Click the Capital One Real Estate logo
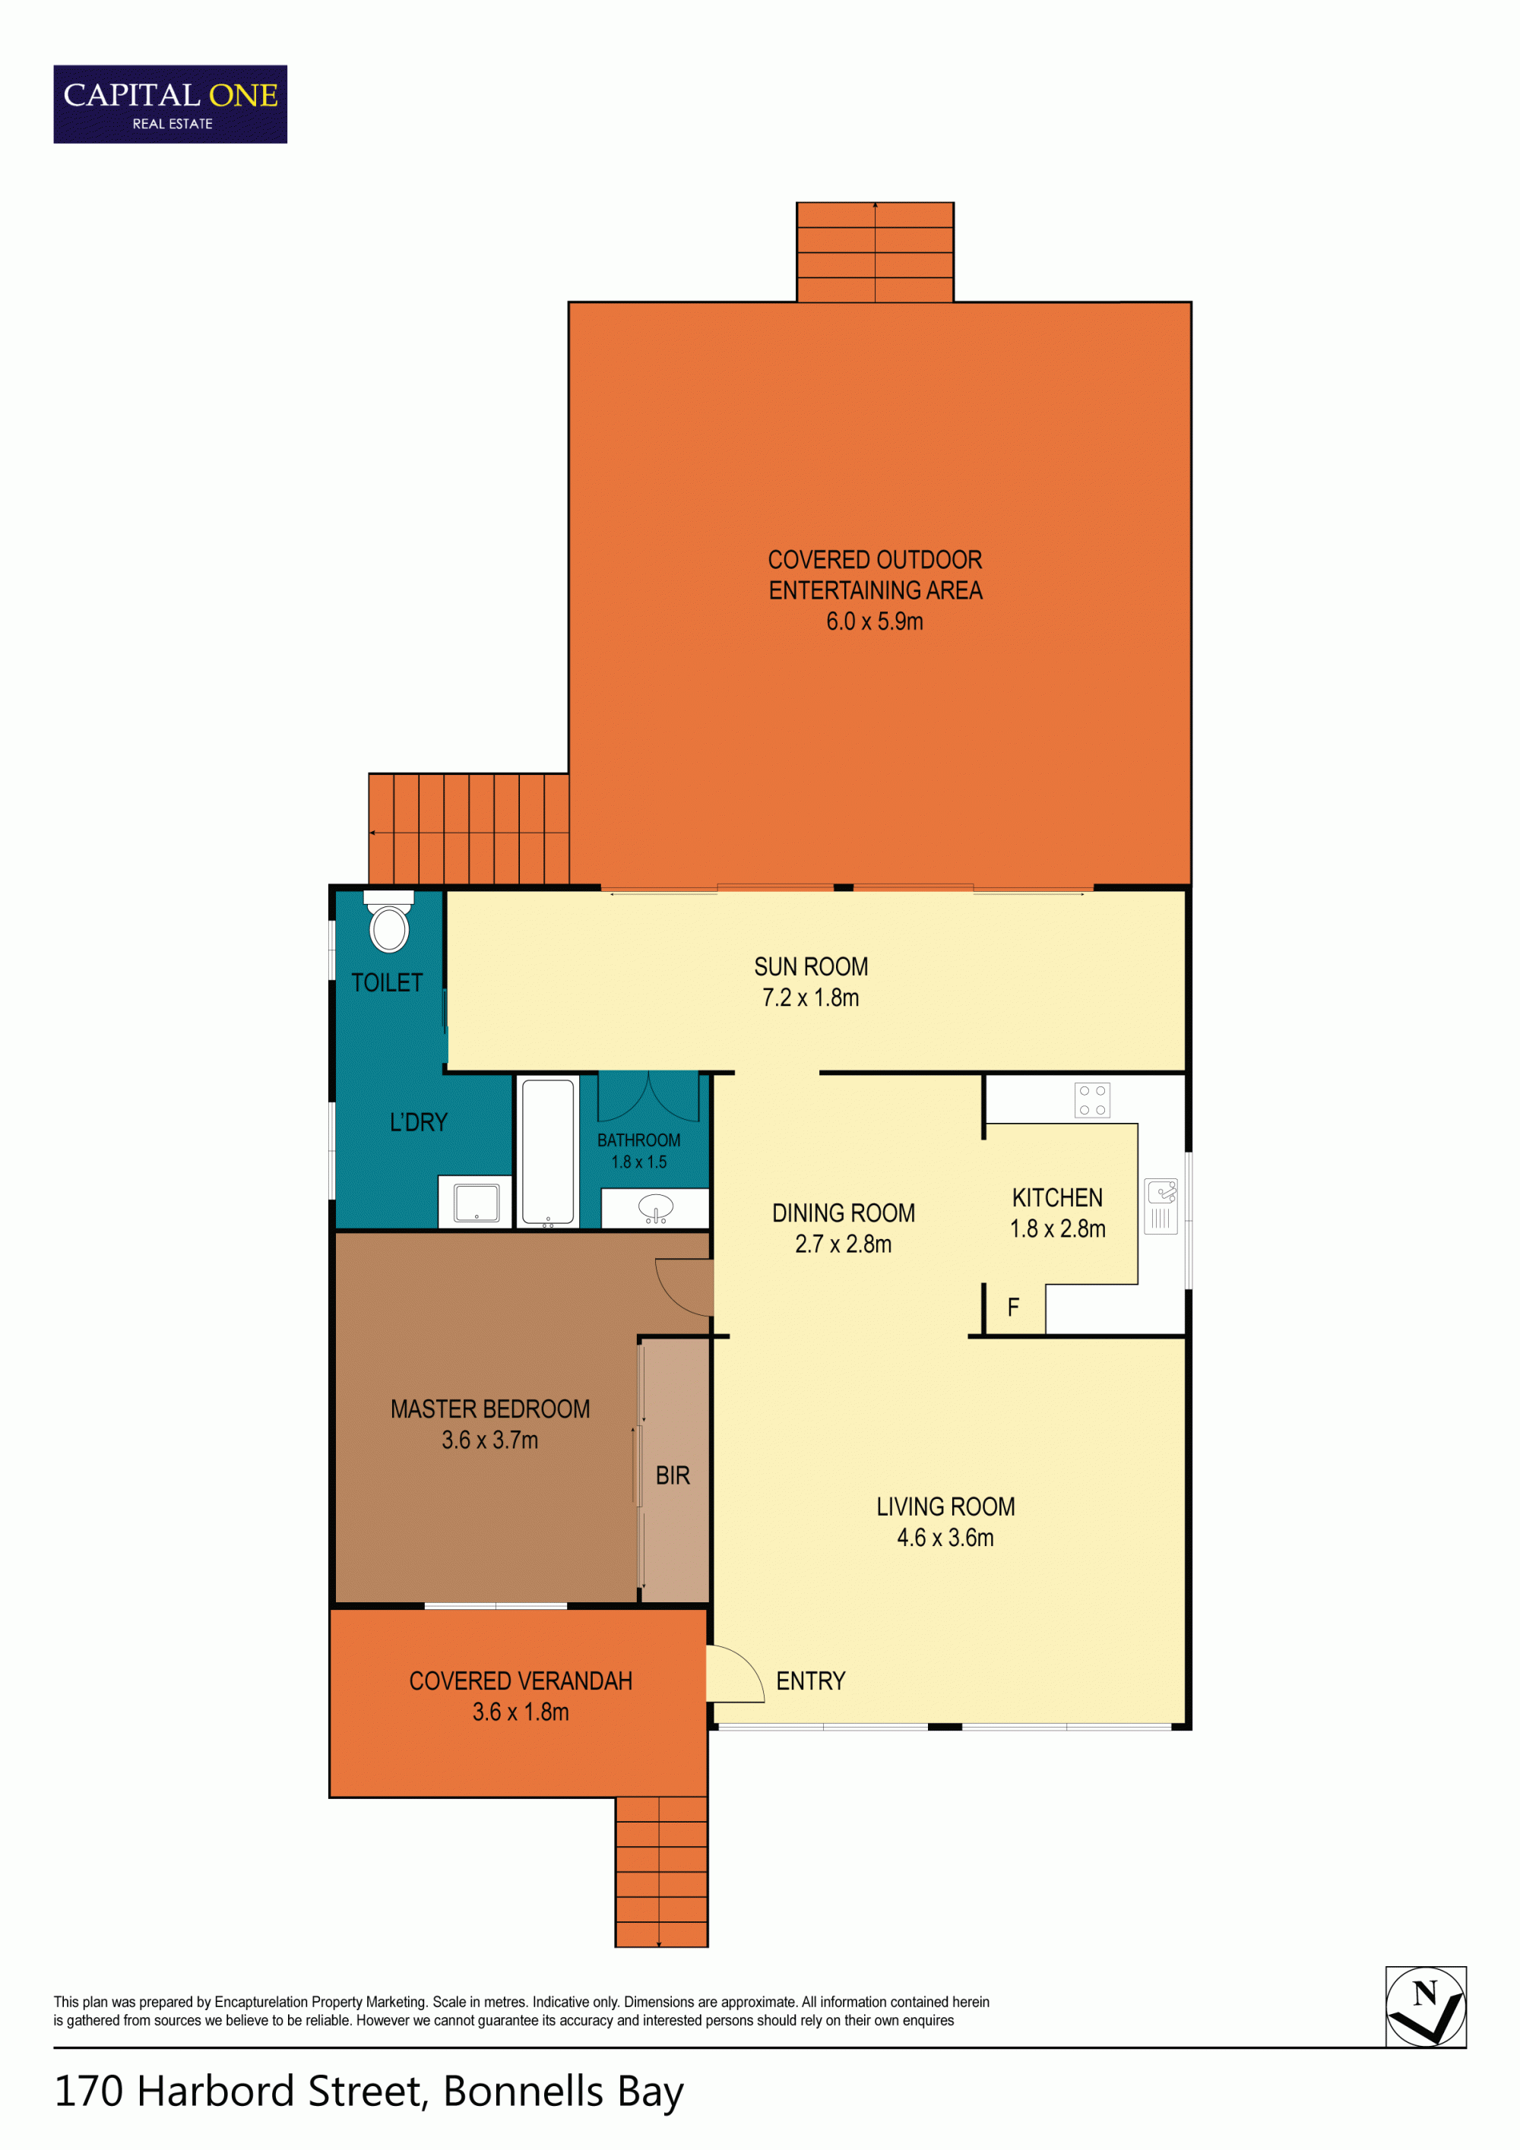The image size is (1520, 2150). (170, 104)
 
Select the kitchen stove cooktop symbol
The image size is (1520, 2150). (1092, 1100)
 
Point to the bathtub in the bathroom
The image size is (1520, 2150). (548, 1152)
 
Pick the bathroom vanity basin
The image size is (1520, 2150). (656, 1208)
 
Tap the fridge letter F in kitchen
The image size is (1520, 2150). (1013, 1307)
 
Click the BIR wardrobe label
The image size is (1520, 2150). (673, 1476)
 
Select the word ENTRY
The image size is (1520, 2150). (811, 1680)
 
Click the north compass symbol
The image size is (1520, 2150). (1426, 2006)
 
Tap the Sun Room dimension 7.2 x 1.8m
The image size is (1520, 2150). (811, 998)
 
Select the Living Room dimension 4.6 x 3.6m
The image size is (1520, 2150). (946, 1538)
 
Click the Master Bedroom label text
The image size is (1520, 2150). (489, 1409)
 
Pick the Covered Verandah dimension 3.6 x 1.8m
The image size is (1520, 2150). (521, 1712)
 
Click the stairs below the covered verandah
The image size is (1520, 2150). (661, 1872)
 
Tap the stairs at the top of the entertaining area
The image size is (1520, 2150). (876, 252)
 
